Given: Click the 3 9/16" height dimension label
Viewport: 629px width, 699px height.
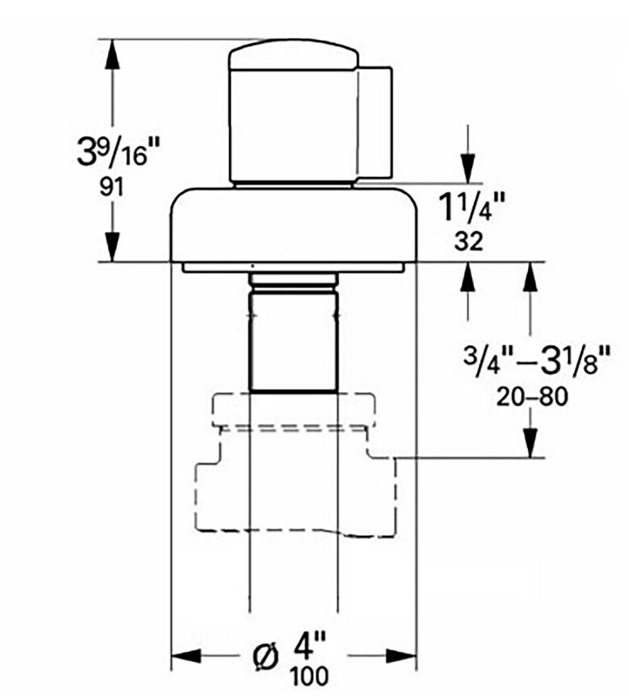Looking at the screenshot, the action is tap(118, 151).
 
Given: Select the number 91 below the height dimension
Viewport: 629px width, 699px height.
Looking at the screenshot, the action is tap(111, 188).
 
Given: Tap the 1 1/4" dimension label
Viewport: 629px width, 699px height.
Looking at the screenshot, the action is tap(473, 207).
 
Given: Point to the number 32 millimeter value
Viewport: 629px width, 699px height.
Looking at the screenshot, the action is tap(469, 242).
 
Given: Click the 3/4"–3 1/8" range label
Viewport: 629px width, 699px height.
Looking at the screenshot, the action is tap(536, 360).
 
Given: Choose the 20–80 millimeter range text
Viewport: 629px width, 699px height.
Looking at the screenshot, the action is tap(533, 397).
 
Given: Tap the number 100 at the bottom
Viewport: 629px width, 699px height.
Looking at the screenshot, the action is tap(309, 676).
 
